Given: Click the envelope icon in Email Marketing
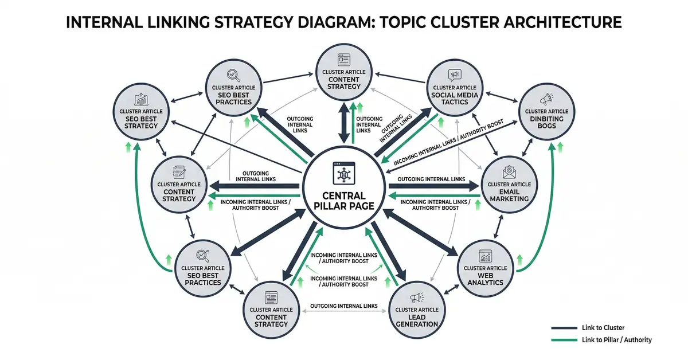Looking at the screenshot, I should tap(509, 171).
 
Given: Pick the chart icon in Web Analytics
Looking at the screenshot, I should tap(485, 255).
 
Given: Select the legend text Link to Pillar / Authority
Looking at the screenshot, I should tap(616, 340).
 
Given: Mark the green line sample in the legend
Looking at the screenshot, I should tap(562, 340).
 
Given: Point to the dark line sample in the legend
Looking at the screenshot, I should tap(562, 328).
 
